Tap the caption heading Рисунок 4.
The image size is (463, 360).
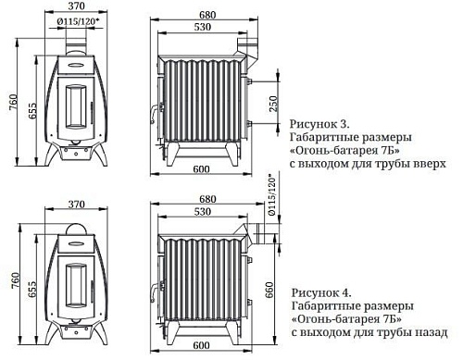[x=319, y=291]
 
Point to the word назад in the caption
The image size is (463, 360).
[x=431, y=330]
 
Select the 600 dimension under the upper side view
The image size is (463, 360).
[x=201, y=168]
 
